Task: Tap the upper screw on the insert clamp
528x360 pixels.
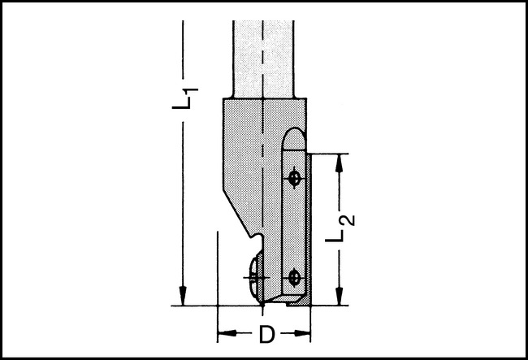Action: (x=295, y=176)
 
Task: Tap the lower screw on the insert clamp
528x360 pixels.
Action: (x=295, y=277)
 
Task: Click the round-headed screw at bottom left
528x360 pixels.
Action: (x=256, y=277)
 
